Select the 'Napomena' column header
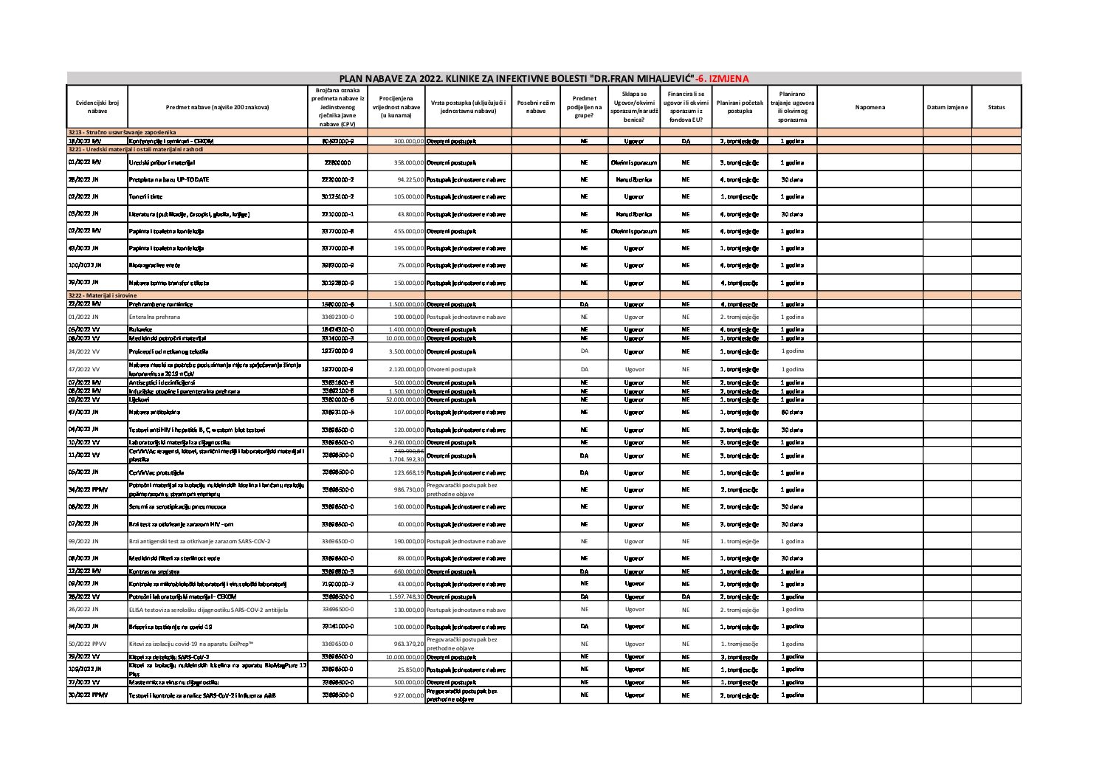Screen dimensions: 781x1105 pos(870,108)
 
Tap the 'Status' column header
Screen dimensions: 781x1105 pos(996,108)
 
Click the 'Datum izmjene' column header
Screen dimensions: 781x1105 pos(947,108)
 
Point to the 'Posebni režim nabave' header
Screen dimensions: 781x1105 pos(536,108)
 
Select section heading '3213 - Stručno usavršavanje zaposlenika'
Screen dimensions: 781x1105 pos(122,131)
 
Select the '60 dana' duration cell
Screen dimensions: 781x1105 pos(792,412)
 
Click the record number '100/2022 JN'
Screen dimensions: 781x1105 pos(84,265)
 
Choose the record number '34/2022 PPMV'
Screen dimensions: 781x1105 pos(86,489)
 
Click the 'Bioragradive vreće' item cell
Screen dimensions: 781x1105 pos(154,265)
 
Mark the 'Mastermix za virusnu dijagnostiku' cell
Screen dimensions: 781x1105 pos(174,683)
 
